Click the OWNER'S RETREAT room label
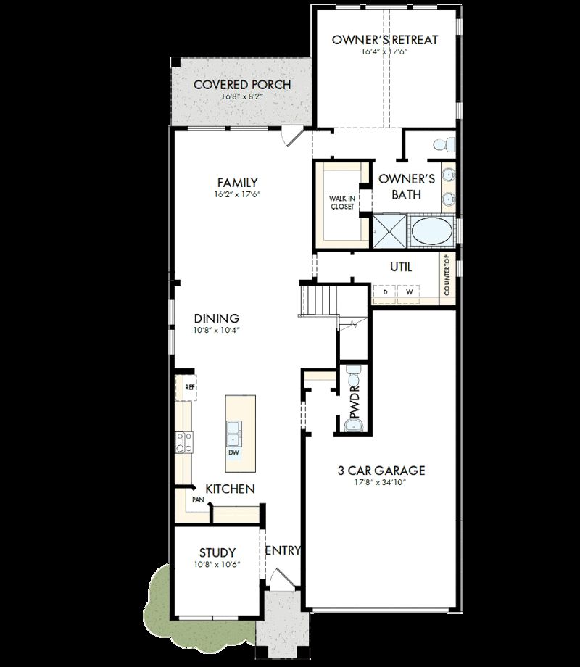coord(385,40)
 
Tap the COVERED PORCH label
coord(242,85)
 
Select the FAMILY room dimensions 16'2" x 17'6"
coord(237,195)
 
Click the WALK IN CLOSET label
coord(341,202)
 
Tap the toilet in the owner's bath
coord(444,144)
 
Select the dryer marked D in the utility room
coord(386,291)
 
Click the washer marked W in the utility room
coord(409,291)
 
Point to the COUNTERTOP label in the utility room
coord(447,275)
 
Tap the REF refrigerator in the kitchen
coord(190,387)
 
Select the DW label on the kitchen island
coord(234,452)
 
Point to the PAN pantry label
coord(197,500)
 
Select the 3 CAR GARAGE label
coord(381,471)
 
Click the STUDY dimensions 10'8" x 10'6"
coord(217,565)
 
